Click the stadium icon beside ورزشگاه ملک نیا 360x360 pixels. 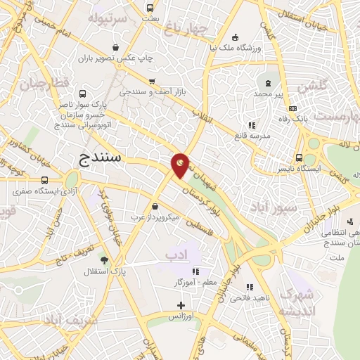point(235,37)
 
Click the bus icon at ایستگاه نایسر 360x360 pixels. point(299,157)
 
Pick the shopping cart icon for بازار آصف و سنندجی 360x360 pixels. point(152,81)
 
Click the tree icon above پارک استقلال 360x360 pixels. point(104,260)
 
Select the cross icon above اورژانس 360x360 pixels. point(181,305)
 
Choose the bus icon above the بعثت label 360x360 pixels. point(148,9)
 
